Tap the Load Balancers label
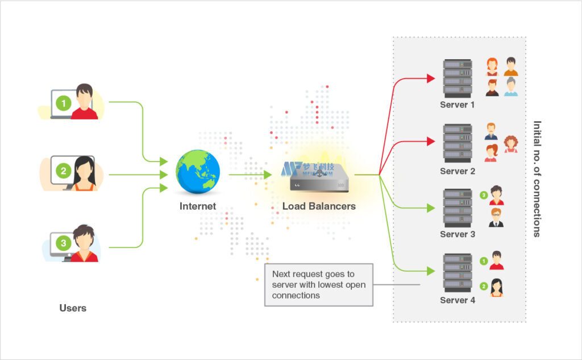[319, 206]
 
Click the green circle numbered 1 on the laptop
[64, 104]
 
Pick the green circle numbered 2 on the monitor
[63, 170]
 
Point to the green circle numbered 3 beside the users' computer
[63, 243]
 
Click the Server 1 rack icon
[458, 78]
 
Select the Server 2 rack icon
[458, 144]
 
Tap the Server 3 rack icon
[458, 208]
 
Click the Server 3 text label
[457, 234]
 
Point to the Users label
[73, 308]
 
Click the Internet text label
[198, 206]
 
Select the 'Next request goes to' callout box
[319, 284]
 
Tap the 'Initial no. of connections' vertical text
[537, 179]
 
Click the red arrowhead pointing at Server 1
[431, 78]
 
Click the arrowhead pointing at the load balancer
[268, 175]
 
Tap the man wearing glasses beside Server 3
[496, 217]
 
